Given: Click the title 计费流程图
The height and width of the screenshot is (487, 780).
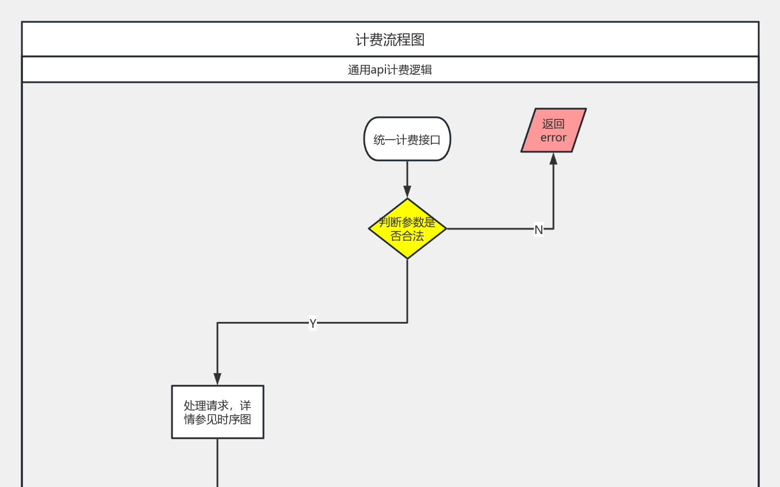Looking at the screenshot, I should (390, 40).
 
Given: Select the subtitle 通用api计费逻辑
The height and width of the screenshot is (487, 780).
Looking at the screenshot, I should (390, 70).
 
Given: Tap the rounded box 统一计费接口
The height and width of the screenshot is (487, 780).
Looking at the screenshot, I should (407, 139).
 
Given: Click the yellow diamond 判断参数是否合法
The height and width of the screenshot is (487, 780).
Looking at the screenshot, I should (407, 228).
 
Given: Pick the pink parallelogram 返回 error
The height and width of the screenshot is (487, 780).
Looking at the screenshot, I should (553, 131).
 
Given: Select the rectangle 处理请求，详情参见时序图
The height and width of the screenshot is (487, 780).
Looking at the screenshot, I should (217, 412).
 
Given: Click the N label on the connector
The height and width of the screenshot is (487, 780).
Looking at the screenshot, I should (538, 230).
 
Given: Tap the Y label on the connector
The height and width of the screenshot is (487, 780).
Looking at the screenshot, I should (312, 324).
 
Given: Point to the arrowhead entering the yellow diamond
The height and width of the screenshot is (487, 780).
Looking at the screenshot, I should (407, 192).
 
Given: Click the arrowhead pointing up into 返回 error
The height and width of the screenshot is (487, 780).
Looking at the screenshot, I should (553, 158).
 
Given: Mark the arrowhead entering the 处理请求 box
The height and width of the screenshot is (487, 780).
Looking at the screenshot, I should (217, 379).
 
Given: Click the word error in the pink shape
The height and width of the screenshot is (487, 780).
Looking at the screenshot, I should (553, 138).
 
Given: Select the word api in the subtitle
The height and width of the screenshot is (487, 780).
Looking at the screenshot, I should (378, 70).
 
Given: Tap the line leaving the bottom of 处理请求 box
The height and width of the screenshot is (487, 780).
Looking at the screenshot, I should (217, 463).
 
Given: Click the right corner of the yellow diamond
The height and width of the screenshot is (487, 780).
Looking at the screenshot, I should (445, 229).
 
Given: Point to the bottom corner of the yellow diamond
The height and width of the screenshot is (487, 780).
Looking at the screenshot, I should (407, 258).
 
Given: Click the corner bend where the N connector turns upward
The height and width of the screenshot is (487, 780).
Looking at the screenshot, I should (553, 229).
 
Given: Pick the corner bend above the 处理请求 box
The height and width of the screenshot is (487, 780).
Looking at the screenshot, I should (217, 323).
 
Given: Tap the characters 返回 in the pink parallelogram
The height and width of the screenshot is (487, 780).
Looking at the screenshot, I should (553, 124).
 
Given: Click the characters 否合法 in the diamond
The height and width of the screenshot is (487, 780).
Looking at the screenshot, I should (407, 236).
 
